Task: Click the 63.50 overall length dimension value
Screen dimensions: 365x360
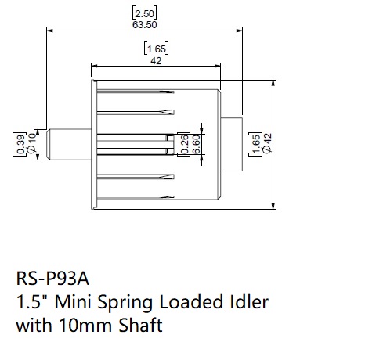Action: tap(145, 25)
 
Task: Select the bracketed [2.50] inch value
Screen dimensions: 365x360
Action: tap(145, 13)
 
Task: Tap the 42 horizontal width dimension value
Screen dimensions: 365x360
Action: tap(156, 61)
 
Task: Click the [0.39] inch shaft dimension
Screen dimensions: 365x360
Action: tap(20, 144)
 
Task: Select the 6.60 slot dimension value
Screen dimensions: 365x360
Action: tap(196, 144)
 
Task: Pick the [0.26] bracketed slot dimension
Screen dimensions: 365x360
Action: tap(184, 144)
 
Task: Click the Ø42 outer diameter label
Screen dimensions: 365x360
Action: tap(267, 143)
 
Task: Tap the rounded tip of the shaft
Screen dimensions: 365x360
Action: tap(48, 144)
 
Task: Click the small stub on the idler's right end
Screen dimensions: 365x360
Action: tap(232, 144)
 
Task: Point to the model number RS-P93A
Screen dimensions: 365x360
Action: tap(52, 279)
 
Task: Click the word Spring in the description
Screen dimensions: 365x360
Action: tap(125, 303)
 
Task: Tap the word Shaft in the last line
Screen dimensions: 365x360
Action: tap(141, 325)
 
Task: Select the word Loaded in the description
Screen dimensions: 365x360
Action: tap(190, 301)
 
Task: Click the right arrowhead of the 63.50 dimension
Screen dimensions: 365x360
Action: tap(240, 31)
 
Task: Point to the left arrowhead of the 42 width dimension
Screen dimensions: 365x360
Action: tap(95, 66)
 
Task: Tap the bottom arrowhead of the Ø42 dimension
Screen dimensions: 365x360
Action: tap(273, 206)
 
